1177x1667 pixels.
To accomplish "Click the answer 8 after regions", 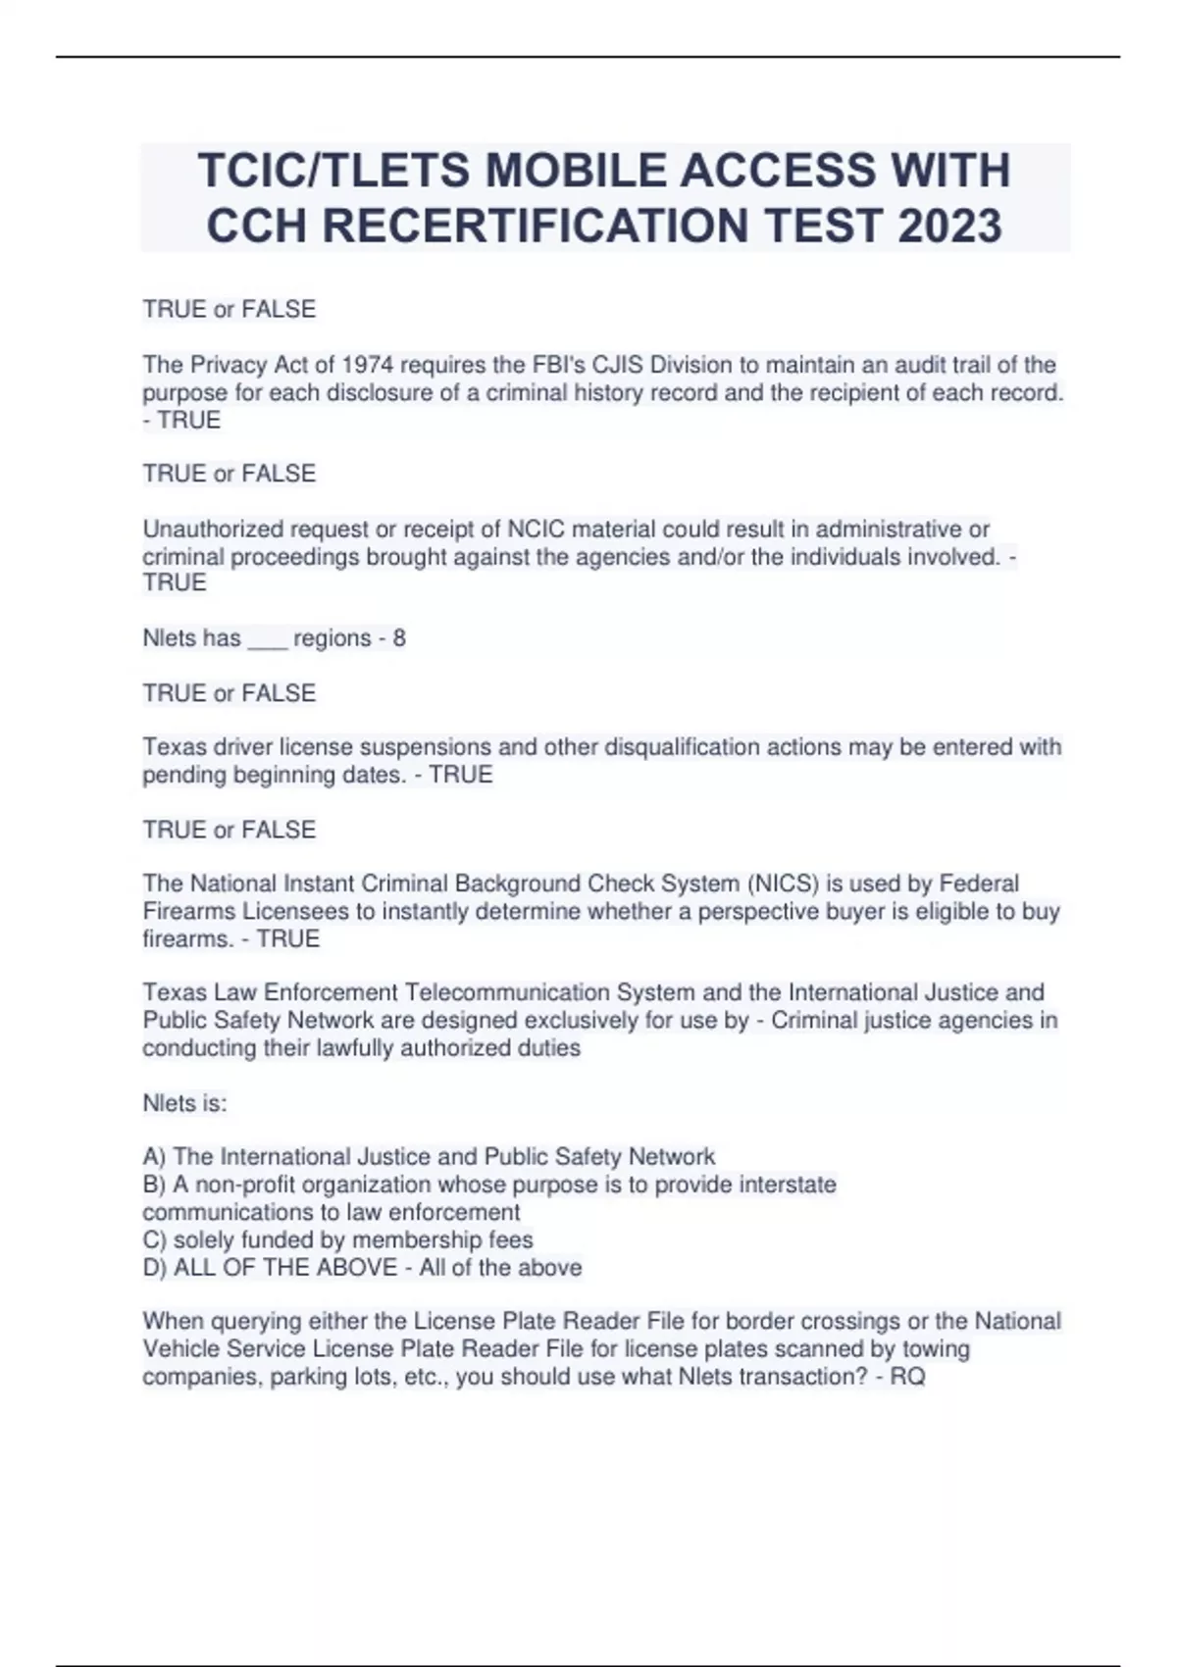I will coord(399,638).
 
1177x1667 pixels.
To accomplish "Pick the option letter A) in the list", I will coord(154,1157).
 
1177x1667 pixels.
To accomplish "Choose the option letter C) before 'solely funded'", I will coord(154,1240).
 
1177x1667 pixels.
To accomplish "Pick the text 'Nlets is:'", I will coord(184,1103).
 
